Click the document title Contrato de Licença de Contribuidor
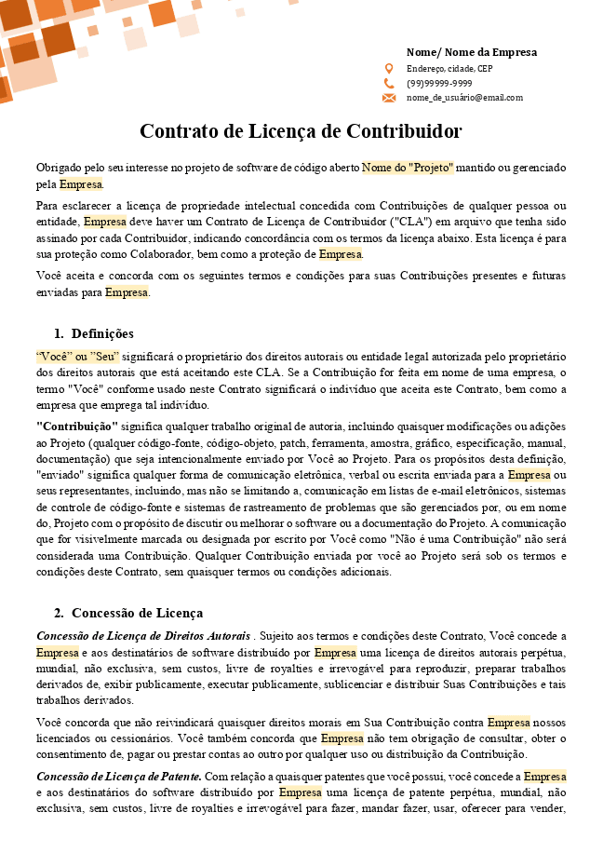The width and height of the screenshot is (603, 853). [x=301, y=130]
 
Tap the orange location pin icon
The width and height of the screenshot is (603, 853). [x=389, y=69]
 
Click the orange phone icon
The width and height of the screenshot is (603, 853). [x=389, y=83]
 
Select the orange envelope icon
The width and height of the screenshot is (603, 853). [x=389, y=98]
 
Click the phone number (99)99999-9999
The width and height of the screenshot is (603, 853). [x=438, y=83]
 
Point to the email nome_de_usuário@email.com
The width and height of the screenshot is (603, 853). [x=464, y=98]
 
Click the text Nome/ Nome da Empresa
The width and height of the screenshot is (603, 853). [x=471, y=52]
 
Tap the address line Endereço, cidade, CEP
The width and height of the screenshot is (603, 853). [x=449, y=69]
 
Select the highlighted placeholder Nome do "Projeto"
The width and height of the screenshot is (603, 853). [x=408, y=168]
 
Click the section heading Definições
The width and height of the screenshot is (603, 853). [x=102, y=333]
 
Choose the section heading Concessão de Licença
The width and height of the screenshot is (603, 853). [x=137, y=613]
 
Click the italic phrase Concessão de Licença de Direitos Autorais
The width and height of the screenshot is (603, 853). [x=142, y=636]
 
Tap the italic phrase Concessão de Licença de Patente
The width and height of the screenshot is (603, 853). [x=118, y=777]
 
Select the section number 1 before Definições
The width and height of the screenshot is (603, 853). [x=59, y=333]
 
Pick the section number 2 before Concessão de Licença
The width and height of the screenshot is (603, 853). [x=59, y=613]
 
